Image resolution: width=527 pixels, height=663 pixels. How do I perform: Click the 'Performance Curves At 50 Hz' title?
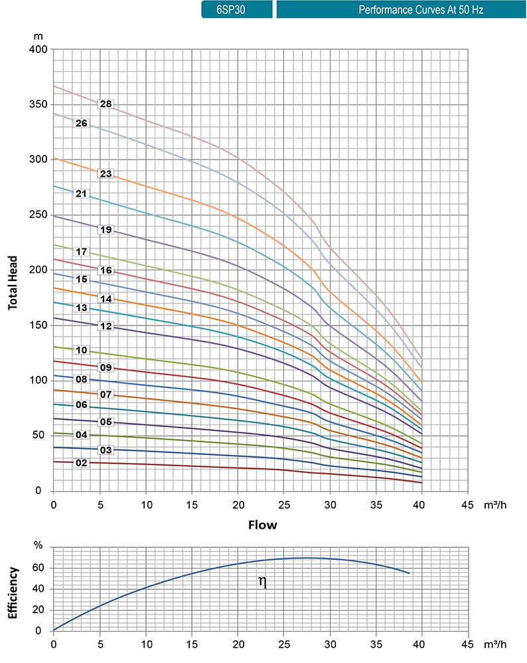tap(401, 10)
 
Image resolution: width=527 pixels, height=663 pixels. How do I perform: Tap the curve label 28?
tap(106, 104)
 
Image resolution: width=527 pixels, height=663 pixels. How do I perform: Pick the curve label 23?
tap(106, 173)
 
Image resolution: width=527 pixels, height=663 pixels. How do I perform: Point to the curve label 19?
tap(106, 230)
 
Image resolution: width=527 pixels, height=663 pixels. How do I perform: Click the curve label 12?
tap(106, 326)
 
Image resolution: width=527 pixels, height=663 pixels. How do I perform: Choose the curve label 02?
tap(82, 462)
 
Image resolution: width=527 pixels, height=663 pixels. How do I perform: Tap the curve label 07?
tap(106, 395)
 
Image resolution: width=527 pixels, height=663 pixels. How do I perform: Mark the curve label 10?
tap(82, 349)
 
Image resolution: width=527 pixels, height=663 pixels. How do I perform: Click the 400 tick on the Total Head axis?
tap(38, 50)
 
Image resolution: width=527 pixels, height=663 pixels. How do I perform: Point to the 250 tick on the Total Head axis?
tap(38, 215)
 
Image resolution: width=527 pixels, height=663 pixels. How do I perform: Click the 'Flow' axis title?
tap(262, 525)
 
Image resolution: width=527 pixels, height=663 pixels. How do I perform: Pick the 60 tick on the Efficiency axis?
tap(38, 568)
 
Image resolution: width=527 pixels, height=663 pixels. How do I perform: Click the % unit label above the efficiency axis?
tap(38, 546)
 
